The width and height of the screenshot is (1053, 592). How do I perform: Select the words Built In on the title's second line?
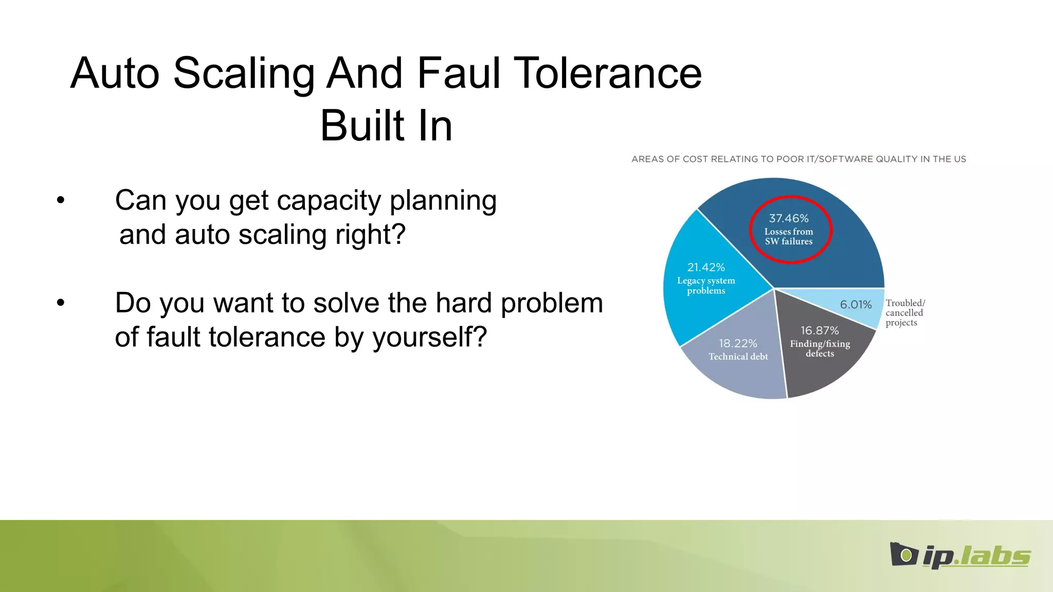pos(386,126)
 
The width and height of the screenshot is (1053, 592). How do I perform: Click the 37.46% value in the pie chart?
pos(788,218)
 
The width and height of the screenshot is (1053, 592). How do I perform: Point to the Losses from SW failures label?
pos(788,236)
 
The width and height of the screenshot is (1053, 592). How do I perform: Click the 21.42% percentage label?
pos(706,267)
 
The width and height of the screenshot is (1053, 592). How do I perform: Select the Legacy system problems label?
pos(706,286)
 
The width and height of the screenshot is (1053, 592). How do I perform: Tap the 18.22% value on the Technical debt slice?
pos(738,343)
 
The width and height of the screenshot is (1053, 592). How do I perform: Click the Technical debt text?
pos(738,357)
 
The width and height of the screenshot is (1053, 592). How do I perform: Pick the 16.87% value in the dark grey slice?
pos(820,330)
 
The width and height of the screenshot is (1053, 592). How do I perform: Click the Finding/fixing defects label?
pos(820,348)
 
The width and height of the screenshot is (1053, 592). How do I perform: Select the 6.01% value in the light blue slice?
pos(856,305)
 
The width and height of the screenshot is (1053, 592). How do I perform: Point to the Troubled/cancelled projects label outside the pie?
pos(904,312)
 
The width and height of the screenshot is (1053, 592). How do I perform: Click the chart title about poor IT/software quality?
pos(798,159)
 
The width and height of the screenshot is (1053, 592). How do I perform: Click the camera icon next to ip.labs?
pos(903,554)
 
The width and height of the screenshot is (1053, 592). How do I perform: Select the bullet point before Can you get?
pos(61,200)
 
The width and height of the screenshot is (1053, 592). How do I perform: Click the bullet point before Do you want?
pos(61,303)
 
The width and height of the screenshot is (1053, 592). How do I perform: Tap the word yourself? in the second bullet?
pos(429,338)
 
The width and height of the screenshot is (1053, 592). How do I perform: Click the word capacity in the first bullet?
pos(329,200)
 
